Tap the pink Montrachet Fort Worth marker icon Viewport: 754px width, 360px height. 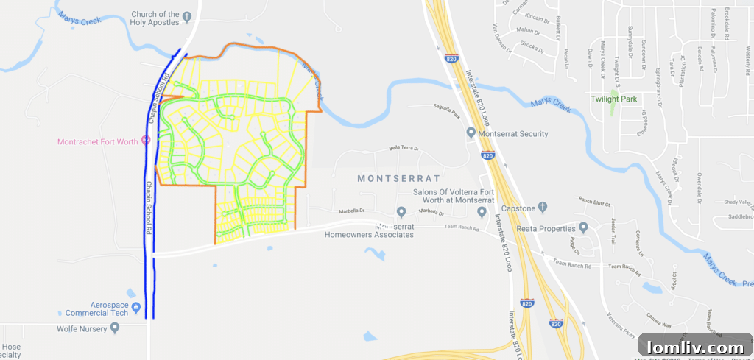[145, 140]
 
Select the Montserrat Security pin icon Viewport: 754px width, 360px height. [471, 133]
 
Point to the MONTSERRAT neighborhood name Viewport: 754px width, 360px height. [398, 178]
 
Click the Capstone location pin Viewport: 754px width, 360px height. [543, 208]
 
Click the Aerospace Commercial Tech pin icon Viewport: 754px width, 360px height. [135, 306]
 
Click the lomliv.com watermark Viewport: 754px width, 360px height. [695, 347]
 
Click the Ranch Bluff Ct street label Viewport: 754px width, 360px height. [596, 201]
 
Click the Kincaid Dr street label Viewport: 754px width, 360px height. [538, 18]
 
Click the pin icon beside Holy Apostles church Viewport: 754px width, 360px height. [187, 15]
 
